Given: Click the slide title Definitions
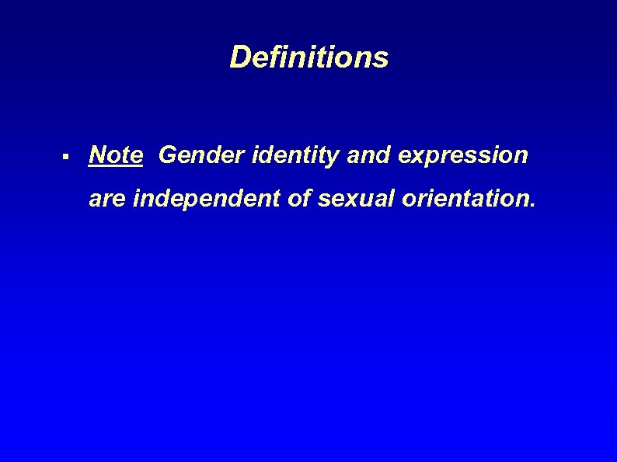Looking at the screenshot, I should (x=308, y=57).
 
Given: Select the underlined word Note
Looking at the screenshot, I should (x=116, y=155).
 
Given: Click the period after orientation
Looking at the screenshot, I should (x=532, y=208).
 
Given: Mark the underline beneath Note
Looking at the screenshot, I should (x=116, y=166).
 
